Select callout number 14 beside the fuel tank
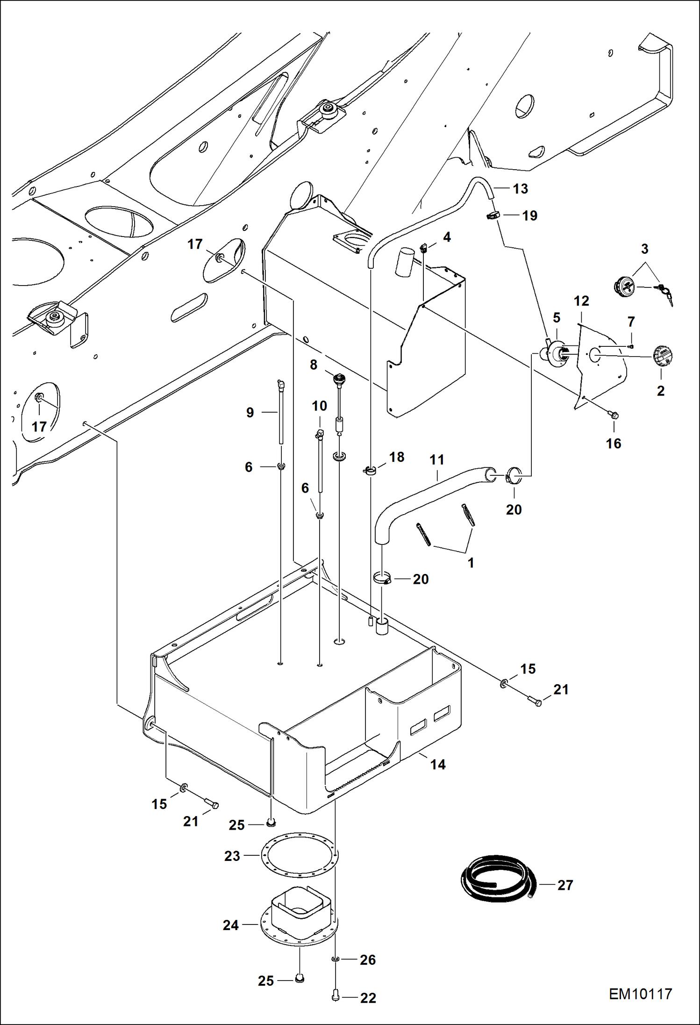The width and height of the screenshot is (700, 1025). tap(438, 765)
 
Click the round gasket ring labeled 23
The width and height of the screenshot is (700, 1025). tap(299, 855)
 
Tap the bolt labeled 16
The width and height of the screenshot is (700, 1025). tap(614, 415)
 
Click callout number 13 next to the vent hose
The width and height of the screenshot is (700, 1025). tap(520, 189)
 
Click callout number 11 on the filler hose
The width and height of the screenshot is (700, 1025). tap(437, 460)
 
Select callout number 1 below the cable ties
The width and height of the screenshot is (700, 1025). tap(471, 563)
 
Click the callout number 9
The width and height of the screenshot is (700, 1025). tap(250, 412)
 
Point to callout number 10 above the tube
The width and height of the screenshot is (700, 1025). tap(320, 406)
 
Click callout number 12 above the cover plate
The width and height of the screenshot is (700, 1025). tap(581, 301)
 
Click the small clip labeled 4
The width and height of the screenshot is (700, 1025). tap(424, 248)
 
